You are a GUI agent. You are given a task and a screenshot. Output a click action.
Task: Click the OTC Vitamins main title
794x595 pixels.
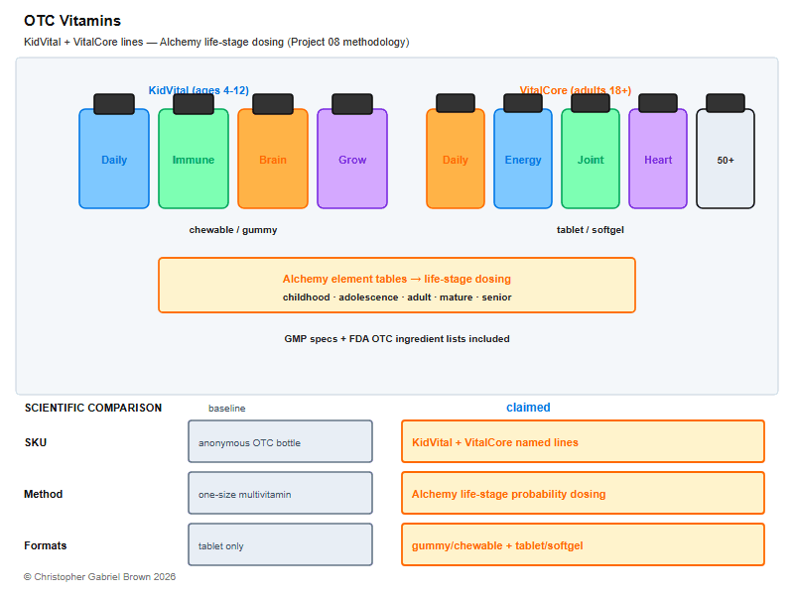point(72,21)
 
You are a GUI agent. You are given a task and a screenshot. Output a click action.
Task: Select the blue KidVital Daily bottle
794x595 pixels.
point(114,159)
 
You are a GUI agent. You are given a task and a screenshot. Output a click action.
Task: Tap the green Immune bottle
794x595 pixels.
point(194,159)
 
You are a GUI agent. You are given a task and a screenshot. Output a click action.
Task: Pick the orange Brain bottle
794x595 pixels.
point(273,159)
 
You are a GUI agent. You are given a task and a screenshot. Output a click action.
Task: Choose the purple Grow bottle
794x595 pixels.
point(352,159)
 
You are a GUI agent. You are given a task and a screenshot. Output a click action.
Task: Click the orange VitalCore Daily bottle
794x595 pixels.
point(456,159)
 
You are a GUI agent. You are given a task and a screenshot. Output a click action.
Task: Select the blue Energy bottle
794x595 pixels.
point(523,159)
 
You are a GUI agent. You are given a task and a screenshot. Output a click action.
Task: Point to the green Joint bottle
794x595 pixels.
point(591,159)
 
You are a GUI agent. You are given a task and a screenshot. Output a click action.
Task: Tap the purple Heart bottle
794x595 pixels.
point(658,159)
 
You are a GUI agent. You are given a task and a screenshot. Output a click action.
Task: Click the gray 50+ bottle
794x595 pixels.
point(726,159)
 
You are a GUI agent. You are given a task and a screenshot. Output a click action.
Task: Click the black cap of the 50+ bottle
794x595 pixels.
point(726,103)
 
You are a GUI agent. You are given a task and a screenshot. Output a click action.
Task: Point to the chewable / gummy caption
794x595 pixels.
point(233,230)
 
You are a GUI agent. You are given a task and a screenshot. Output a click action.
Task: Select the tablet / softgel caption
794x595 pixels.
point(591,230)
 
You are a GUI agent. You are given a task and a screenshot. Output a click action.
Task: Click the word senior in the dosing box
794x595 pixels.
point(496,297)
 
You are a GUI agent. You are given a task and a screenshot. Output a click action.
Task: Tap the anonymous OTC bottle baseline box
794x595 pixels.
point(281,441)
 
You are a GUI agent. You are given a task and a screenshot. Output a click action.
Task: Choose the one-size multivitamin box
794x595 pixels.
point(281,493)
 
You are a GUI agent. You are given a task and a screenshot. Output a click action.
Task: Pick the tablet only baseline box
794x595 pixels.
point(281,544)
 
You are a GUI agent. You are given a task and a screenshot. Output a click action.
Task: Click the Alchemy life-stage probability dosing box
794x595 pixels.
point(583,493)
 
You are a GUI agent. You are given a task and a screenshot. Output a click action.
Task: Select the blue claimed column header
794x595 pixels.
point(528,408)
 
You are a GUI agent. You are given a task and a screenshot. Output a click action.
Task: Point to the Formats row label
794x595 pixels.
point(46,545)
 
